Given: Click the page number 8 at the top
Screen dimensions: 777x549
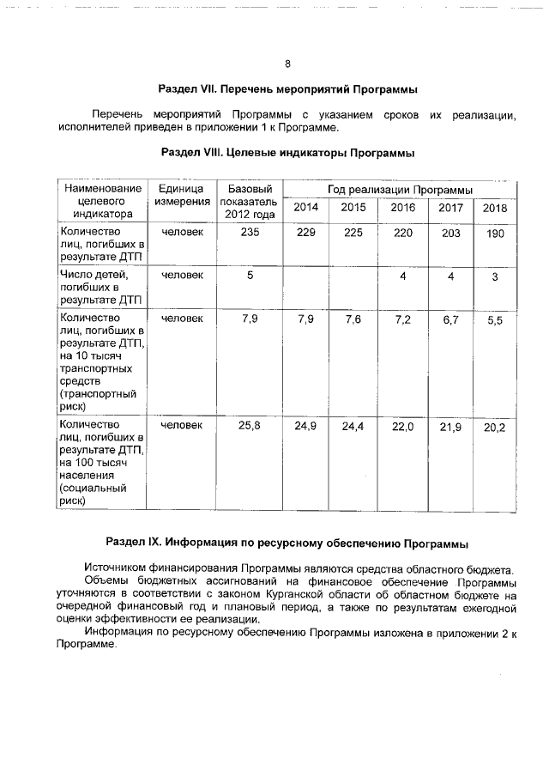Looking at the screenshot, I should pyautogui.click(x=287, y=64).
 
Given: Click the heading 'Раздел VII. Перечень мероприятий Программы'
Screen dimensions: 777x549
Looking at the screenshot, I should pyautogui.click(x=287, y=89).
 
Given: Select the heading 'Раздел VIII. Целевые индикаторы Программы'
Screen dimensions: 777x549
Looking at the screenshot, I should pyautogui.click(x=287, y=154).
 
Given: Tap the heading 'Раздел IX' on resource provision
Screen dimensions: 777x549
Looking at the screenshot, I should pyautogui.click(x=287, y=543).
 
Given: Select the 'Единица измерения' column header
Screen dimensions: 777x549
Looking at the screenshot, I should pyautogui.click(x=182, y=195).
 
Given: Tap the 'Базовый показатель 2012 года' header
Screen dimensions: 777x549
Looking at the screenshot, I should pyautogui.click(x=249, y=201).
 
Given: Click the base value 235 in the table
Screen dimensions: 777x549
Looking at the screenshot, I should pyautogui.click(x=249, y=232).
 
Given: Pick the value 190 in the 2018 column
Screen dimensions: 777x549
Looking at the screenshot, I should pyautogui.click(x=495, y=233).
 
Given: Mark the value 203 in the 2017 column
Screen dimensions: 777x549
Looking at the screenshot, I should pyautogui.click(x=450, y=232).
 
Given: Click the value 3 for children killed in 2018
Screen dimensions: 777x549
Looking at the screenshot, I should pyautogui.click(x=495, y=276).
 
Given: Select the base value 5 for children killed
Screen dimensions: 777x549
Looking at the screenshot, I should pyautogui.click(x=250, y=275).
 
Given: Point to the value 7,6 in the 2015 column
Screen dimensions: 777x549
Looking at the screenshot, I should pyautogui.click(x=353, y=319).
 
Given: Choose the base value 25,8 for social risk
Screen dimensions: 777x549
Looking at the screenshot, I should pyautogui.click(x=250, y=425).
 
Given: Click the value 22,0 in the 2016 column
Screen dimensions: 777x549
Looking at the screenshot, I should pyautogui.click(x=402, y=426).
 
